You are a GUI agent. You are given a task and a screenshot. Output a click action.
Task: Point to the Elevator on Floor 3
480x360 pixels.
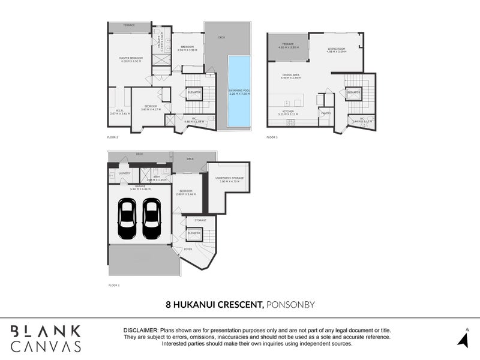[352, 92]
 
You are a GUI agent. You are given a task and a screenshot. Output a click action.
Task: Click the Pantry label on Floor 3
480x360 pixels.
[326, 113]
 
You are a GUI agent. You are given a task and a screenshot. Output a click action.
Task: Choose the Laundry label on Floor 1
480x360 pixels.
[124, 173]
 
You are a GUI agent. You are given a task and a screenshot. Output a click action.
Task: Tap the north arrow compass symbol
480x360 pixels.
[463, 339]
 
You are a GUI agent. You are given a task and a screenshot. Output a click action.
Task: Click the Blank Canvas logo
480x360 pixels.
[46, 338]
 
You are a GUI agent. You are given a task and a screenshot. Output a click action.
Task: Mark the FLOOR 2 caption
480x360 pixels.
[112, 137]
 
